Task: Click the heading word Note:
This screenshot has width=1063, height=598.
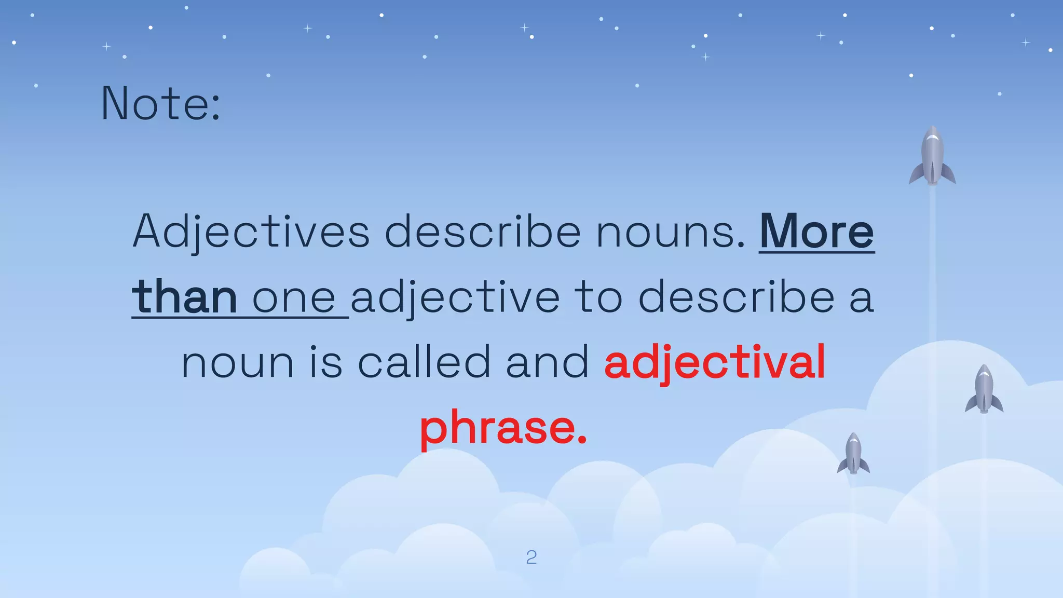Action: click(160, 104)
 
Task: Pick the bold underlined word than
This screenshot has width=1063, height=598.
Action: click(185, 297)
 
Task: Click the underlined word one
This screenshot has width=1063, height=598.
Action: click(294, 298)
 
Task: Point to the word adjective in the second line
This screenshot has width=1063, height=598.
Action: click(455, 298)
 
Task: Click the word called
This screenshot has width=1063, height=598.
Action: click(424, 362)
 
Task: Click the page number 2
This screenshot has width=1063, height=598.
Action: click(531, 558)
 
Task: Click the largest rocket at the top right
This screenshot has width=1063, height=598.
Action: click(932, 156)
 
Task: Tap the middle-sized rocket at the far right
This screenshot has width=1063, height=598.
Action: click(984, 389)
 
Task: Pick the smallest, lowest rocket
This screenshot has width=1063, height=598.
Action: click(853, 454)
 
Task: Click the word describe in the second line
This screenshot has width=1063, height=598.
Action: click(736, 297)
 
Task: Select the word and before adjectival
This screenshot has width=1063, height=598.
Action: click(547, 362)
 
